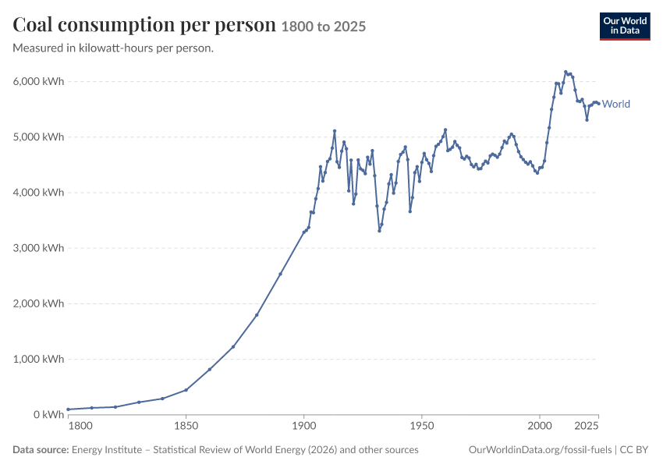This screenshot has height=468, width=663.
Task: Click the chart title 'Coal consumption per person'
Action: pyautogui.click(x=144, y=24)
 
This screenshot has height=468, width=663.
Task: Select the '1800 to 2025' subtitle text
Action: pyautogui.click(x=324, y=27)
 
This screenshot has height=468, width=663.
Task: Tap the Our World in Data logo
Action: pyautogui.click(x=625, y=27)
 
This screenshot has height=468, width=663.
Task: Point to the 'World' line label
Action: pyautogui.click(x=615, y=104)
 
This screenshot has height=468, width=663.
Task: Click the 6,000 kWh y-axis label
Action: pyautogui.click(x=38, y=81)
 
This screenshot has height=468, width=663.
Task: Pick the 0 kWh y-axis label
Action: pyautogui.click(x=48, y=415)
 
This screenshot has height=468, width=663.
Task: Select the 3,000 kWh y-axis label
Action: pyautogui.click(x=38, y=248)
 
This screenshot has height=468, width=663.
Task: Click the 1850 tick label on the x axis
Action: pyautogui.click(x=186, y=426)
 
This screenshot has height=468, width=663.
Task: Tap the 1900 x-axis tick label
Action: pyautogui.click(x=304, y=426)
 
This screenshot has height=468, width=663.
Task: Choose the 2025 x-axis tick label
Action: pyautogui.click(x=587, y=426)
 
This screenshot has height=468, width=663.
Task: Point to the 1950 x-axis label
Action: pyautogui.click(x=422, y=426)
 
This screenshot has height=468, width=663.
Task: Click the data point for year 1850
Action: pyautogui.click(x=186, y=390)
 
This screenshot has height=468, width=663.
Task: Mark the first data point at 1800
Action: pyautogui.click(x=68, y=409)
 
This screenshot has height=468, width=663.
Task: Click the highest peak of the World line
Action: pyautogui.click(x=565, y=72)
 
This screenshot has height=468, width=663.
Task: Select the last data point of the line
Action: pyautogui.click(x=598, y=103)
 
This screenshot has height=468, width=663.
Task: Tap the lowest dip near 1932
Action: pyautogui.click(x=379, y=231)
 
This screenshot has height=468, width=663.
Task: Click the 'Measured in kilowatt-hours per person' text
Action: pyautogui.click(x=113, y=48)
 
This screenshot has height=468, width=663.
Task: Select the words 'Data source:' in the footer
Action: pyautogui.click(x=41, y=449)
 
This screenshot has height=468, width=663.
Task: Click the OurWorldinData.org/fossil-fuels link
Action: pyautogui.click(x=540, y=449)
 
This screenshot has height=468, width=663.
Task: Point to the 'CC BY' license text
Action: pyautogui.click(x=634, y=449)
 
